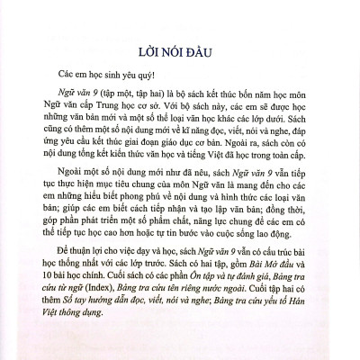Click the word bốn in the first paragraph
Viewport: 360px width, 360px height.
(240, 97)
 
